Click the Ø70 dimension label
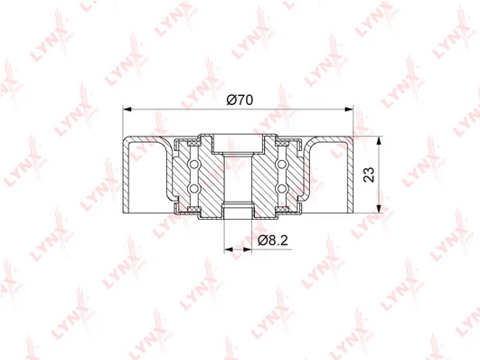[240, 99]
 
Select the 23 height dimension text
[369, 175]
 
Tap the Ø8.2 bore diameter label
[273, 241]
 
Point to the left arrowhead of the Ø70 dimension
[127, 109]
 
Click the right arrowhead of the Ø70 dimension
[349, 109]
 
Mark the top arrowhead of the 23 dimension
[380, 141]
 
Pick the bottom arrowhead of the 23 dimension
[380, 208]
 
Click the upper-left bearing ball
[193, 165]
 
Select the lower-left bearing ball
[193, 189]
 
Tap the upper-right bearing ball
[282, 165]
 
